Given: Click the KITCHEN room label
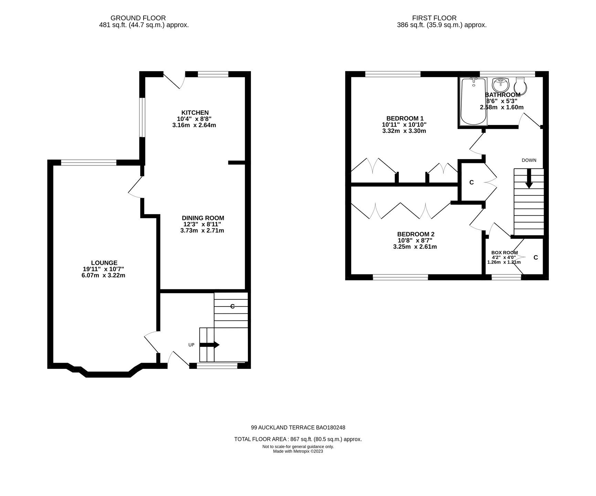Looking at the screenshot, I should coord(195,113).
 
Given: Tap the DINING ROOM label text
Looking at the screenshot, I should coord(203,218).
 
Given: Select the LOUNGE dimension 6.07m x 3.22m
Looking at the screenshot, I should coord(99,276).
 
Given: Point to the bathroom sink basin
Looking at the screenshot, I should coord(501,84).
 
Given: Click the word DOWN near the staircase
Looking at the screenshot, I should coord(529,160).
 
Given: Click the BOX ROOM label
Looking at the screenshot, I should coord(504,252).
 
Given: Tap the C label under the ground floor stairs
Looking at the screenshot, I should coord(232,306).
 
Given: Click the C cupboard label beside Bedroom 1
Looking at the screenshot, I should coord(471,183).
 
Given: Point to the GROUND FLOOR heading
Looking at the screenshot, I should coord(138,18).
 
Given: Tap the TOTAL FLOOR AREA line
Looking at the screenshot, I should coord(298,439).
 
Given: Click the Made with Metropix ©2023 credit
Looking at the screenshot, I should coord(298,451).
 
